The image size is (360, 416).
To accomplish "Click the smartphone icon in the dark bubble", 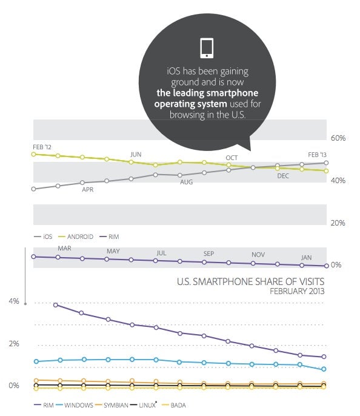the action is click(207, 48).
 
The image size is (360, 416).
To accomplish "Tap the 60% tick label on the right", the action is click(338, 138).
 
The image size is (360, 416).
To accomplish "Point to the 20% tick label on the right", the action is click(338, 223).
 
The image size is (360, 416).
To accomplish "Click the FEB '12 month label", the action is click(42, 147).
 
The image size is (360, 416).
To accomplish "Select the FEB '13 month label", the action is click(317, 155).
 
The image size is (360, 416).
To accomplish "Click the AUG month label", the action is click(186, 182).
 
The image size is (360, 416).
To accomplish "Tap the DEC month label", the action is click(283, 176).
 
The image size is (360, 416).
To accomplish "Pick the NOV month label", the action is click(258, 255).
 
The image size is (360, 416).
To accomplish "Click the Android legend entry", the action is click(76, 237).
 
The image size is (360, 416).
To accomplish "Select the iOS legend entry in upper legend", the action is click(43, 237).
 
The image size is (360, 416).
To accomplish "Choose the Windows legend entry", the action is click(75, 405).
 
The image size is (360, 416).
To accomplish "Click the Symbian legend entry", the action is click(112, 405).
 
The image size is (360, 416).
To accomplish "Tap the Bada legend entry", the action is click(174, 405).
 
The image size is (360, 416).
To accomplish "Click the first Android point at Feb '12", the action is click(34, 154).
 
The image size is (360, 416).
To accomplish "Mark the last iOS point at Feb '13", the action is click(326, 163).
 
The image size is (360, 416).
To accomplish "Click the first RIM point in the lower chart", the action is click(56, 305).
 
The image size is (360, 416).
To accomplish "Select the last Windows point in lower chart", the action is click(324, 369).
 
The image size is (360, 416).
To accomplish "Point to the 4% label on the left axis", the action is click(14, 301).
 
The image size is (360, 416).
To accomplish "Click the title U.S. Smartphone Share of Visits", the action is click(250, 281).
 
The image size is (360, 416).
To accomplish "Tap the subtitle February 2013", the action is click(297, 291).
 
